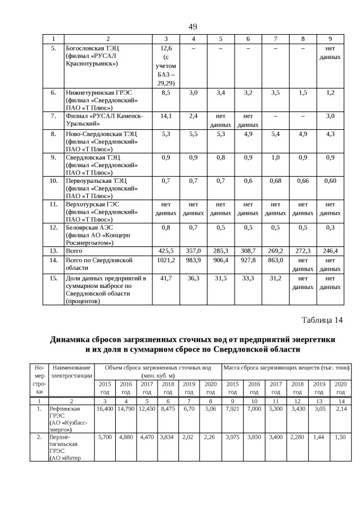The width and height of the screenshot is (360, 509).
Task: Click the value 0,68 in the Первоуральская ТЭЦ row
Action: coord(275,181)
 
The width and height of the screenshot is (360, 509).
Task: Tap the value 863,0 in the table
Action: coord(275,260)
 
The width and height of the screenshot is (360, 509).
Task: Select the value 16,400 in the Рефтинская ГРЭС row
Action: coord(105,409)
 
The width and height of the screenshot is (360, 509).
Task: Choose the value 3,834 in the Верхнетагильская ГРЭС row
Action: coord(168,436)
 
